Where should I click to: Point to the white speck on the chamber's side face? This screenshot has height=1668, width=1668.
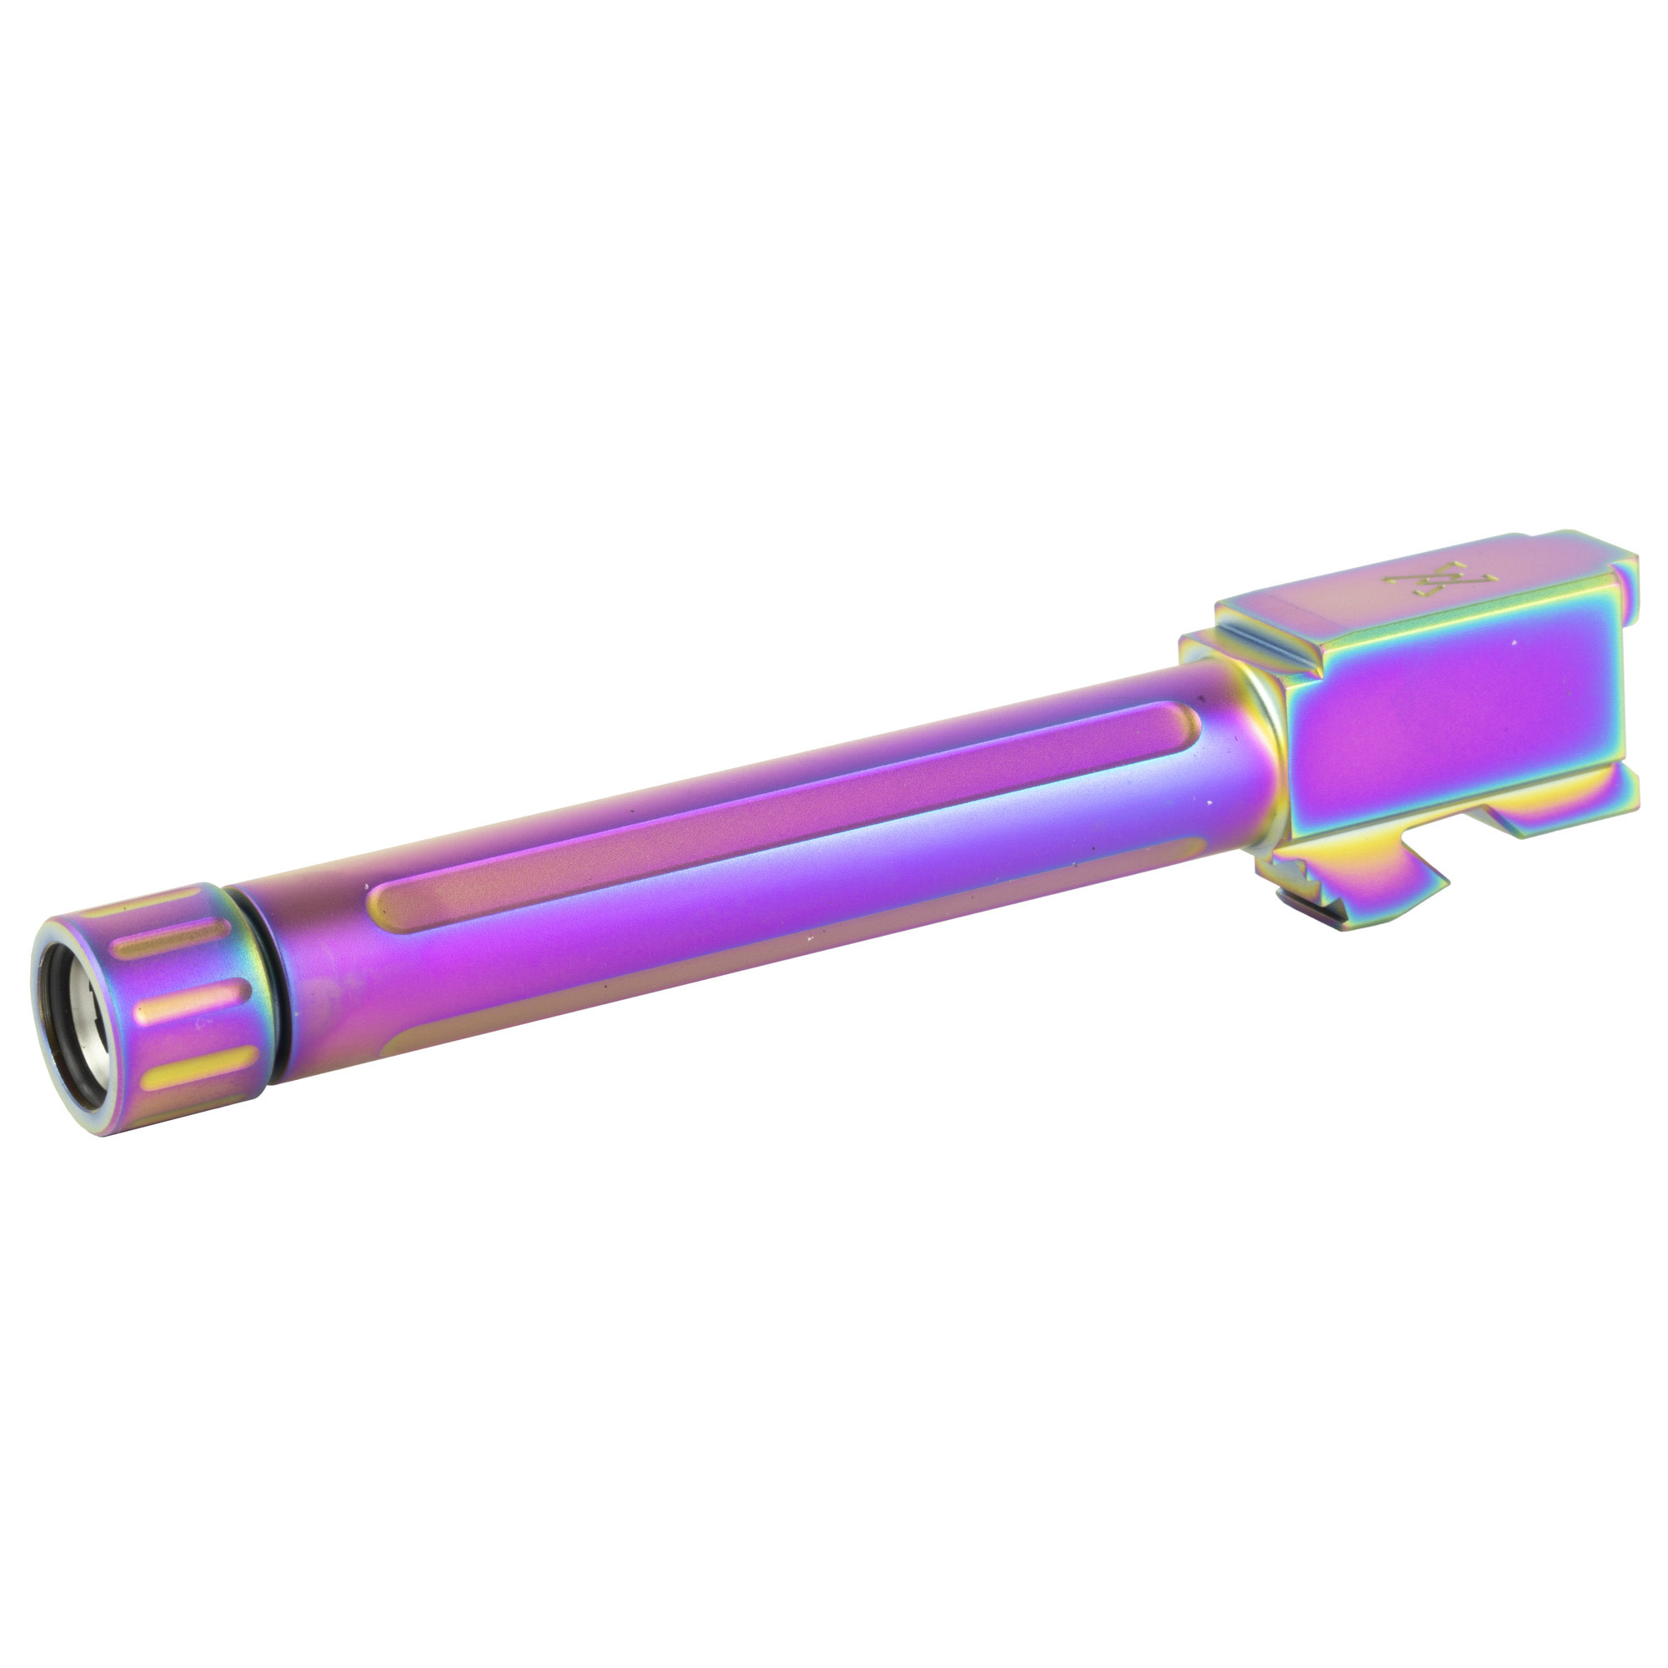tap(1512, 643)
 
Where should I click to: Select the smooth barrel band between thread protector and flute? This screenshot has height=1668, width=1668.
tap(311, 967)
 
